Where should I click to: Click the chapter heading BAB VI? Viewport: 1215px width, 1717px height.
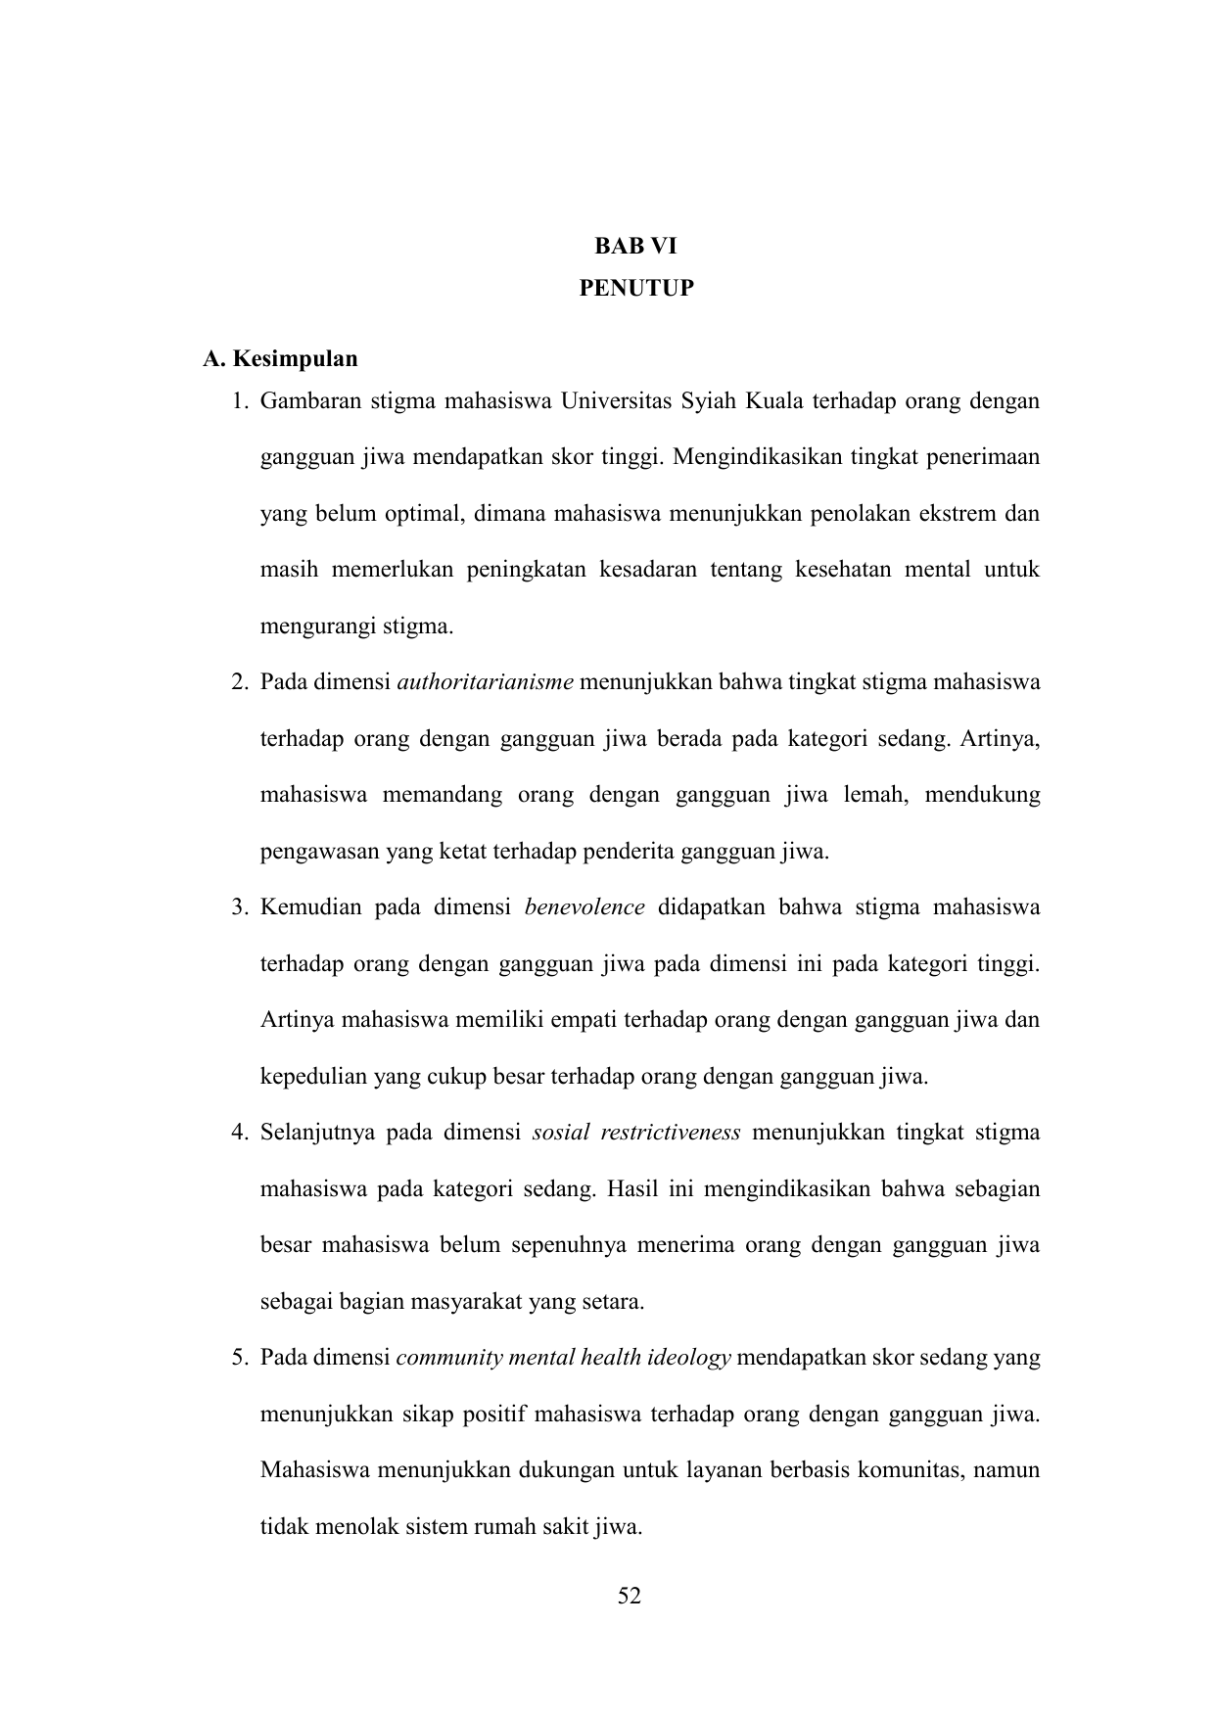pos(635,247)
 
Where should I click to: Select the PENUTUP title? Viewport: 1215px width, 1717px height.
pos(635,288)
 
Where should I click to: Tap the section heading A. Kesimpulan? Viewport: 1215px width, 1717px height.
pos(280,358)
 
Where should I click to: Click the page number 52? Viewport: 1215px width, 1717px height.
pos(630,1596)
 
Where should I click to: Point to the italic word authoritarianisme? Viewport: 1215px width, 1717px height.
pos(486,681)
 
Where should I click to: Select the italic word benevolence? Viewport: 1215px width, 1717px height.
pos(584,906)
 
